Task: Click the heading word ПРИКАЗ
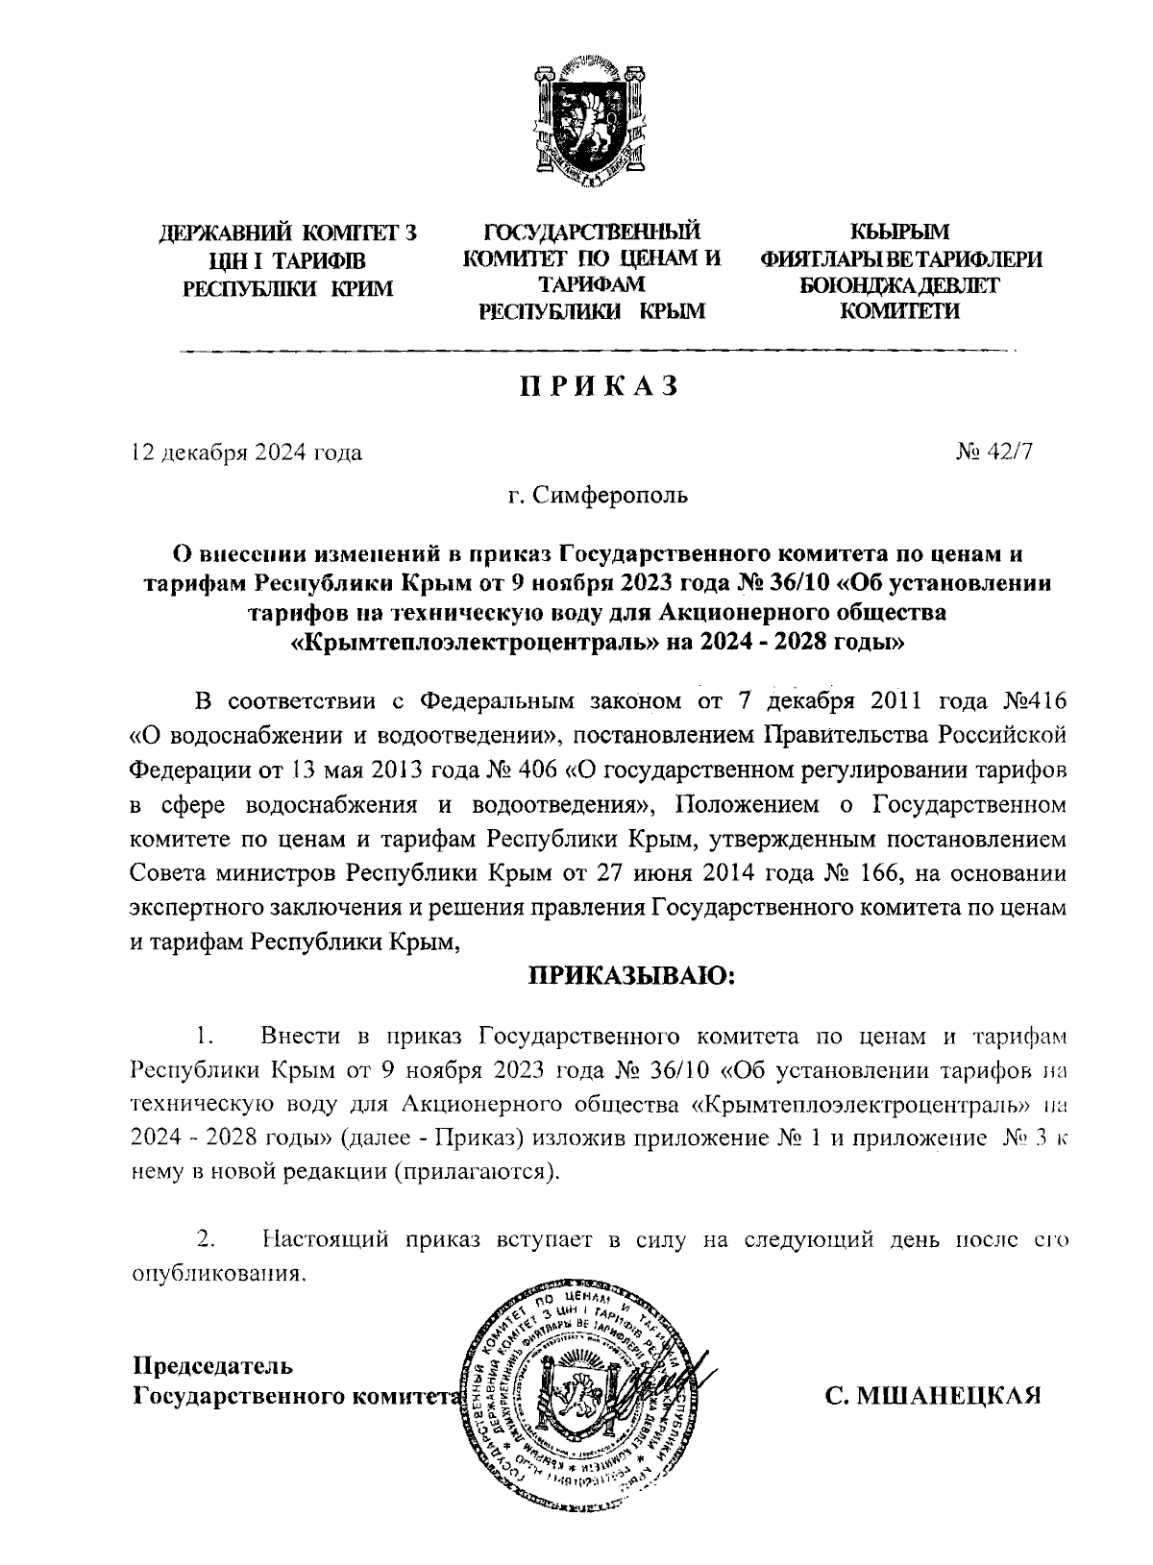(x=599, y=386)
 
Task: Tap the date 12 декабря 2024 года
(x=246, y=452)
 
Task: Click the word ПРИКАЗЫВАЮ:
(x=630, y=978)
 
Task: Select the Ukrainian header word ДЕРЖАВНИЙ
(x=224, y=232)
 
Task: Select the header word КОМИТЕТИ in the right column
(x=899, y=310)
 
